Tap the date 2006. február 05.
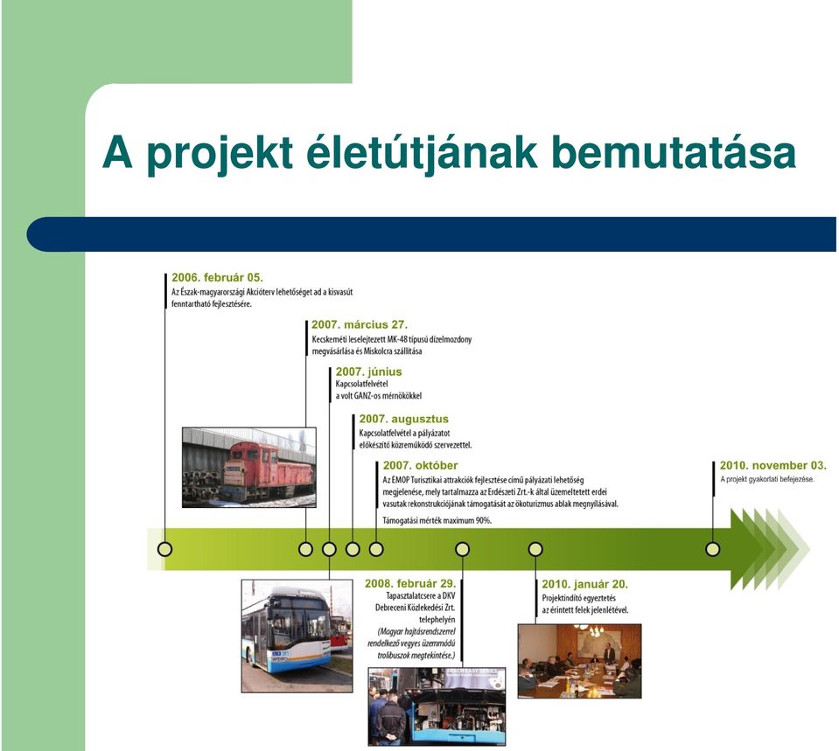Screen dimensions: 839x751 coord(217,278)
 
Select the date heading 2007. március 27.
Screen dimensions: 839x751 coord(360,324)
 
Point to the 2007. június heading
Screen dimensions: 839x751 coord(368,372)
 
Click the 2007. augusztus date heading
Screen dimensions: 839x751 coord(404,419)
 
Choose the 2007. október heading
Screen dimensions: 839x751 coord(421,465)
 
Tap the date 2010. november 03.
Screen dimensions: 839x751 coord(773,465)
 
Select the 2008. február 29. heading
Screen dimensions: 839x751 coord(410,583)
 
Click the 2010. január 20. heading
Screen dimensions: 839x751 coord(584,584)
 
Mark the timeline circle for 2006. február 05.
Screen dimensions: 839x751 coord(164,549)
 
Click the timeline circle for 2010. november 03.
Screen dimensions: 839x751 coord(713,549)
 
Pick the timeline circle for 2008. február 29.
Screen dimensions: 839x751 coord(462,549)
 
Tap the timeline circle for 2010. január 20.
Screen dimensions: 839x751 coord(535,549)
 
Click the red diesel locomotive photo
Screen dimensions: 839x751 coord(249,467)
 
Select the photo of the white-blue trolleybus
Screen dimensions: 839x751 coord(297,636)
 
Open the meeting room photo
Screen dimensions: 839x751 coord(579,661)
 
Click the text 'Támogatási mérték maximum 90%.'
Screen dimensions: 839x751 coord(437,520)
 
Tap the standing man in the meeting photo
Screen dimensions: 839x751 coord(609,654)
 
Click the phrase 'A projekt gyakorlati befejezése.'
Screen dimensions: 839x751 coord(767,479)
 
